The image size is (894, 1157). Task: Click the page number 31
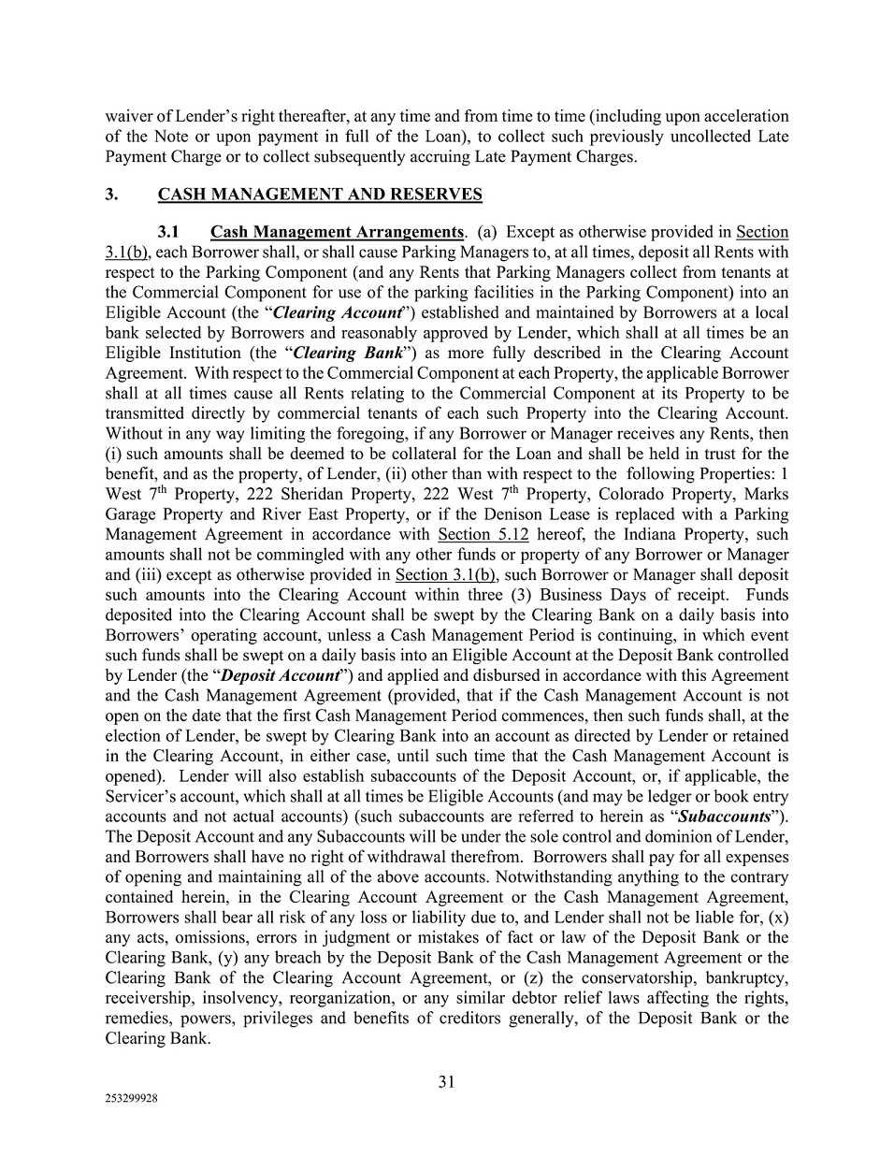[x=446, y=1082]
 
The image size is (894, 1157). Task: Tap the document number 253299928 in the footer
[x=132, y=1100]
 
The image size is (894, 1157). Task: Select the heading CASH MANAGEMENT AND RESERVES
[x=320, y=195]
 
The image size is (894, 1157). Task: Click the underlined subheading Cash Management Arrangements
[x=337, y=232]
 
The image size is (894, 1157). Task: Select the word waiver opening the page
[x=127, y=116]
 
